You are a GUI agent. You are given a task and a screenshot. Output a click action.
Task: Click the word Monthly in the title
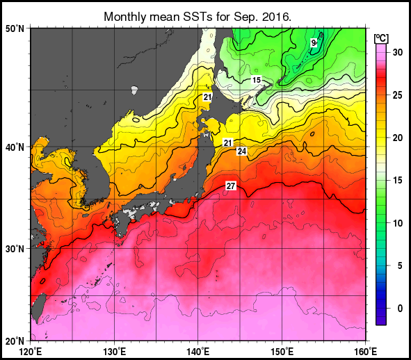[x=124, y=16]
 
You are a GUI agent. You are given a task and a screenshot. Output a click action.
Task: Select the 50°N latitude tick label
[x=15, y=28]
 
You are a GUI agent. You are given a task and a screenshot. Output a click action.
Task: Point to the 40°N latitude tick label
[x=15, y=147]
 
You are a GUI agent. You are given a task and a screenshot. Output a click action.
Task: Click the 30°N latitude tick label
[x=15, y=249]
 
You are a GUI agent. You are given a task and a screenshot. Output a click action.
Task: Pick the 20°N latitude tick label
[x=15, y=341]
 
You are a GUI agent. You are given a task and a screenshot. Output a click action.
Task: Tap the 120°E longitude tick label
[x=31, y=351]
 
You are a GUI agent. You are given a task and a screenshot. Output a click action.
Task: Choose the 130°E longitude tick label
[x=115, y=351]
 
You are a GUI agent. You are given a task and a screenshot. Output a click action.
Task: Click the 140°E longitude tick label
[x=198, y=351]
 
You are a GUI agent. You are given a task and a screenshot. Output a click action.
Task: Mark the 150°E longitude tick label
[x=282, y=351]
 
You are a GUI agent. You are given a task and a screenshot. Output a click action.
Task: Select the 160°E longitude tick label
[x=365, y=351]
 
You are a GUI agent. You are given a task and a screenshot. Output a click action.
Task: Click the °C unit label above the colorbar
[x=380, y=38]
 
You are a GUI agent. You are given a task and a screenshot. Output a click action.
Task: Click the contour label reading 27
[x=231, y=186]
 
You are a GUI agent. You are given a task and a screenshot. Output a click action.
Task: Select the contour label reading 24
[x=241, y=152]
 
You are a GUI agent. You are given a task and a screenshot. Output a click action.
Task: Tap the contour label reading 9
[x=314, y=42]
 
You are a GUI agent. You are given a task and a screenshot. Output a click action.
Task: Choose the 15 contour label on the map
[x=257, y=81]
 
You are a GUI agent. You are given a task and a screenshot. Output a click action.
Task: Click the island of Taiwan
[x=39, y=306]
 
